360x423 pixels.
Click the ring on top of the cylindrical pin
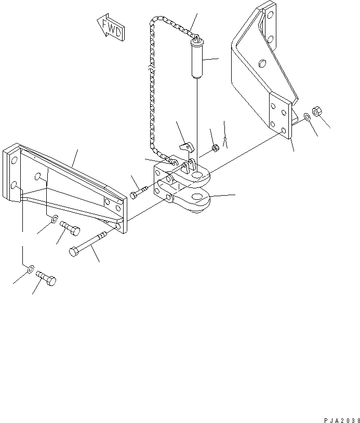coord(196,37)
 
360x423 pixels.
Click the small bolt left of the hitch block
coord(137,193)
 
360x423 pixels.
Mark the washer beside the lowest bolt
coord(31,269)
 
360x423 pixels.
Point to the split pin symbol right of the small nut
coord(225,140)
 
